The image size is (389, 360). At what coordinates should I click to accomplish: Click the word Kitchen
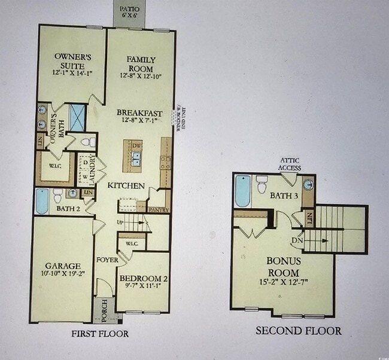coord(126,186)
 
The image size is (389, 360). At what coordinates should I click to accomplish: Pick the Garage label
coord(62,270)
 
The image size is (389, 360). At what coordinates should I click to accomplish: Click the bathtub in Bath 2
coord(42,201)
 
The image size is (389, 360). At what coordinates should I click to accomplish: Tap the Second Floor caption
coord(299,330)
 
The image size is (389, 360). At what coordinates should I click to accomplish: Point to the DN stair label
coord(297,240)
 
